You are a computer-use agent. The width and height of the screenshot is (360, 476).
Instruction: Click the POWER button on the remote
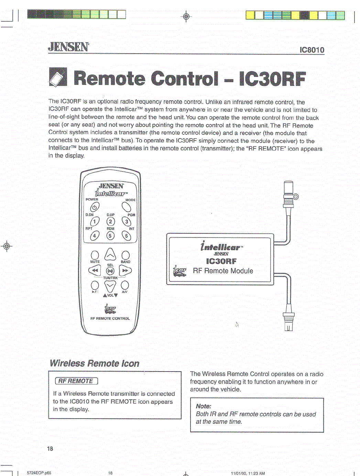(95, 207)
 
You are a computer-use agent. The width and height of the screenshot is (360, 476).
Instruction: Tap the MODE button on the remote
(127, 207)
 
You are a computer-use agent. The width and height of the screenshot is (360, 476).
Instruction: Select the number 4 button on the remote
(95, 235)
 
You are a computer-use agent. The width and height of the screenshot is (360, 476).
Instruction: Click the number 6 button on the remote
(127, 235)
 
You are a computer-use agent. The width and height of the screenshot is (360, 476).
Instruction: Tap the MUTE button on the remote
(95, 255)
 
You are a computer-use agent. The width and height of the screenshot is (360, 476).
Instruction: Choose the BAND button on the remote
(126, 255)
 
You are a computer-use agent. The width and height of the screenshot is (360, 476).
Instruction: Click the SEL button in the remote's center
(110, 271)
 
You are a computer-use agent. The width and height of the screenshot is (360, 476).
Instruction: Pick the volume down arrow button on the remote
(110, 286)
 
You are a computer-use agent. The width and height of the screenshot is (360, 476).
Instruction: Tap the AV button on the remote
(124, 285)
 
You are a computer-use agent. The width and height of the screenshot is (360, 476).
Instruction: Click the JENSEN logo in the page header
(68, 47)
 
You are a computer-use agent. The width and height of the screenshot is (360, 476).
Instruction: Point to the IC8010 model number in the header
(312, 50)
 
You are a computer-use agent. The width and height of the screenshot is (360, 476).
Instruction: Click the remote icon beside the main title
(58, 77)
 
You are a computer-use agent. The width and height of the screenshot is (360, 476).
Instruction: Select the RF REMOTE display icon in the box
(76, 381)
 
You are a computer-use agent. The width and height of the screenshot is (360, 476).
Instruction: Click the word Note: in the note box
(204, 406)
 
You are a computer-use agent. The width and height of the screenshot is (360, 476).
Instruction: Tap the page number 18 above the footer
(50, 449)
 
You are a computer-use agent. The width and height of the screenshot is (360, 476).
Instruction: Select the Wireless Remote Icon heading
(95, 363)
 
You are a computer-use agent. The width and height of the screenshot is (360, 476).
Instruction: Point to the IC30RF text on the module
(221, 261)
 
